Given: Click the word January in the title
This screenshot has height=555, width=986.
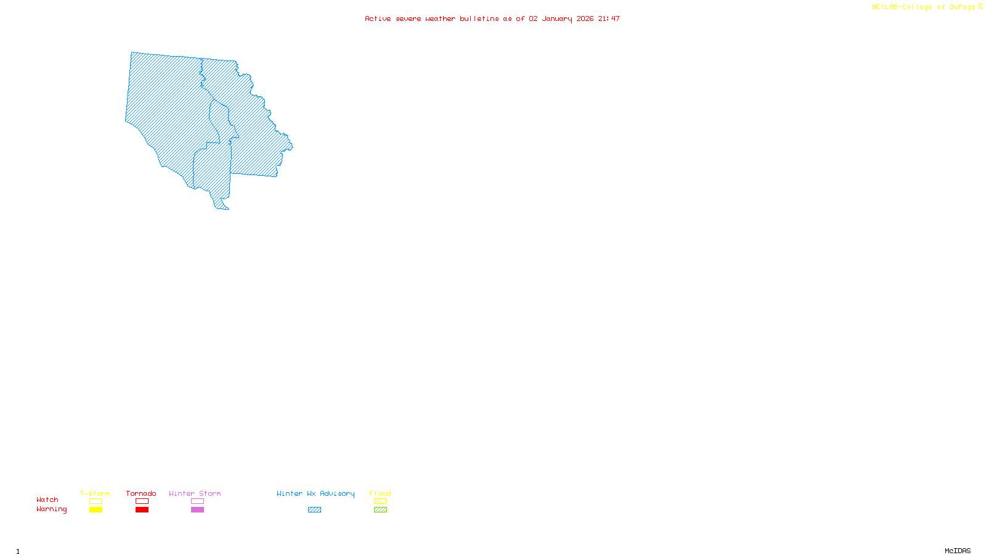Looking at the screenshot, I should point(557,18).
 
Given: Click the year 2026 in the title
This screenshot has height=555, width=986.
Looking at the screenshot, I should point(585,18).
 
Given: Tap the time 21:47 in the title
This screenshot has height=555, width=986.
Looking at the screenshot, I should point(609,18).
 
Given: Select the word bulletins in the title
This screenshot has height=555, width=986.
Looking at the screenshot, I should point(479,18).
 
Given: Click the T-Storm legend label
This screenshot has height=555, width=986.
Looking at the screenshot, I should point(95,493).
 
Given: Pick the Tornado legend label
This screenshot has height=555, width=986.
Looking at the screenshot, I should point(141,493).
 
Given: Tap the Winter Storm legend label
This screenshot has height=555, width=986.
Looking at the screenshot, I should point(195,493).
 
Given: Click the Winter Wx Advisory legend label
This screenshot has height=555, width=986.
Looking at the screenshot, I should point(316,493).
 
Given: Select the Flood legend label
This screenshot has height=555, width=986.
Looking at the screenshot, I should point(380,493).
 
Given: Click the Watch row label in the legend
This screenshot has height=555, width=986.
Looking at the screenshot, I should point(47,499).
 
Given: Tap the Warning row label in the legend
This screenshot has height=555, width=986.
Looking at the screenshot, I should point(51,509).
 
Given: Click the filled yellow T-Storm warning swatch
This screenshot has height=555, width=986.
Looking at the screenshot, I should point(96,510).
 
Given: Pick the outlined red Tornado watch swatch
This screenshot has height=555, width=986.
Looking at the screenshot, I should point(142,501).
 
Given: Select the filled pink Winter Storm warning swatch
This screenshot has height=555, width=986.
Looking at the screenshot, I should point(197,510).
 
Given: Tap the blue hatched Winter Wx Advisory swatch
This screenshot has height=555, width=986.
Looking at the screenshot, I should point(314,510).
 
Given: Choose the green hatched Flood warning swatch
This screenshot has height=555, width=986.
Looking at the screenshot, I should point(380,510).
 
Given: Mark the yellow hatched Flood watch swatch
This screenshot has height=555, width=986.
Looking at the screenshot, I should point(380,501).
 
